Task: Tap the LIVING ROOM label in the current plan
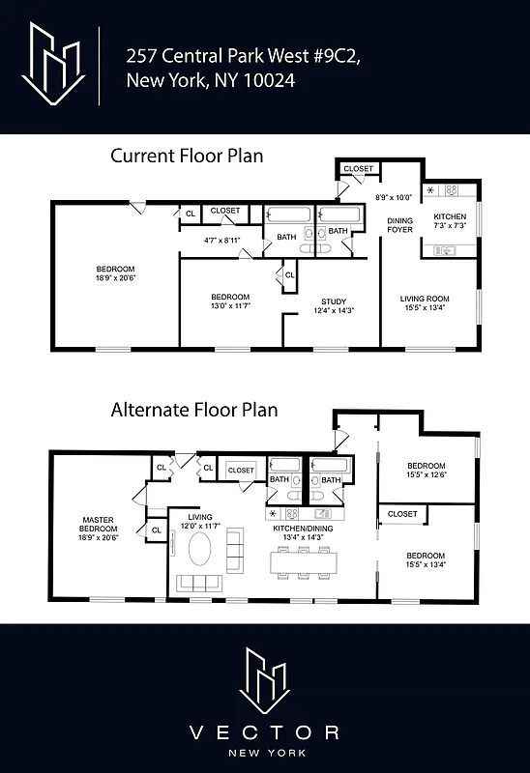426,298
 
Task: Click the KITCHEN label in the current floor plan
449,216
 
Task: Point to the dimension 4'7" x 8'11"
221,240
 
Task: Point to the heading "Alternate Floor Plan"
193,410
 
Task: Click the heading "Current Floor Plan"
187,156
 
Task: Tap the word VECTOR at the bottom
264,732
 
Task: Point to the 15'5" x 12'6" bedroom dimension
426,474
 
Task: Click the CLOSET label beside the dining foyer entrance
359,169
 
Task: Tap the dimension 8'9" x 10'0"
394,198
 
